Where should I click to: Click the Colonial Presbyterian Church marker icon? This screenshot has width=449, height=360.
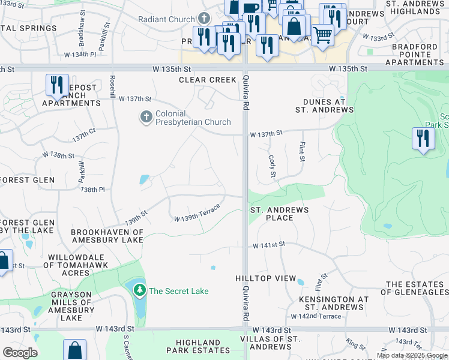(146, 117)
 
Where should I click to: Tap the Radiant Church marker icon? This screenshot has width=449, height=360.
(204, 19)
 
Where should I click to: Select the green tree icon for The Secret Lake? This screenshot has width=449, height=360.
(140, 291)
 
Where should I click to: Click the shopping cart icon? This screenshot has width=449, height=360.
(323, 35)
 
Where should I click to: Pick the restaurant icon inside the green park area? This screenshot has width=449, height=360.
(423, 138)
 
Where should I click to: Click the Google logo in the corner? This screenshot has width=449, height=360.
(20, 353)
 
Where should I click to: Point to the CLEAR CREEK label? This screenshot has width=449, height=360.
(208, 80)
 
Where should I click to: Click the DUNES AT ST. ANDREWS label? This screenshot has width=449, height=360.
(324, 106)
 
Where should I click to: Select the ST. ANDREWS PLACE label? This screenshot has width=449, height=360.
(279, 214)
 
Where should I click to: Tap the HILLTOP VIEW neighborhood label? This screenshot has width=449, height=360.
(265, 279)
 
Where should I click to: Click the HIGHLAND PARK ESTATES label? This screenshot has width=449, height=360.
(194, 346)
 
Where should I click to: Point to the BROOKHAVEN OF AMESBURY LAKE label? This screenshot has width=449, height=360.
(107, 236)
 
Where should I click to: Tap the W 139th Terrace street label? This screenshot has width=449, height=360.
(197, 214)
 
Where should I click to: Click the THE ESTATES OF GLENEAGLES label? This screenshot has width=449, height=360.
(417, 289)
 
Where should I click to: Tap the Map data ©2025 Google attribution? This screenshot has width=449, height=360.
(412, 355)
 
